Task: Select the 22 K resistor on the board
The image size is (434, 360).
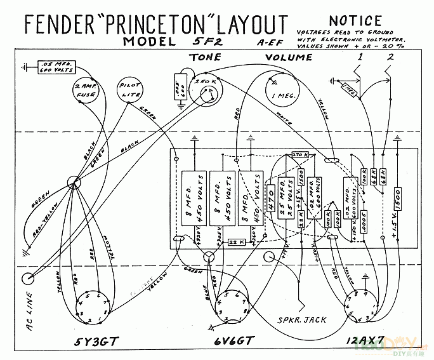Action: coord(237,242)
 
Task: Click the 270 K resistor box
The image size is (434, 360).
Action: coord(299,155)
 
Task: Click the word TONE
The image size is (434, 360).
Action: coord(204,57)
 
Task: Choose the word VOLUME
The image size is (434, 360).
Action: coord(289,57)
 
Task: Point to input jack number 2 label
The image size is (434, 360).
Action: coord(390,57)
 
